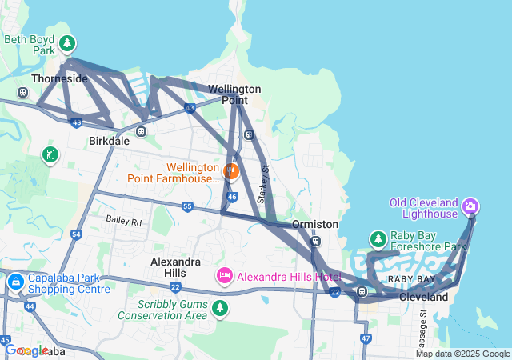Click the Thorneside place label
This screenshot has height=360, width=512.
click(x=59, y=78)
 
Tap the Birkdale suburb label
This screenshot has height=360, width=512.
click(x=108, y=141)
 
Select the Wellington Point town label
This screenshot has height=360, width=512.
click(x=234, y=94)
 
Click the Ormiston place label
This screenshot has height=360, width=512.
click(x=314, y=225)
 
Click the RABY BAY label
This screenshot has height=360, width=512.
click(x=411, y=278)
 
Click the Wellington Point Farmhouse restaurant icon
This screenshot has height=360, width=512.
click(x=231, y=170)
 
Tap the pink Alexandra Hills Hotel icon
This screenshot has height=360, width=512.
click(x=226, y=276)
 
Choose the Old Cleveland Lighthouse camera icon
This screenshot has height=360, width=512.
click(x=471, y=207)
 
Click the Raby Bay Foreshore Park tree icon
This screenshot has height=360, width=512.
click(x=378, y=239)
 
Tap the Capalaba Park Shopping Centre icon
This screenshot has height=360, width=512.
click(x=16, y=282)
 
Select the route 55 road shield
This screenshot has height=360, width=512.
click(x=187, y=206)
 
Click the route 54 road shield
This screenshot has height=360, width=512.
click(x=77, y=234)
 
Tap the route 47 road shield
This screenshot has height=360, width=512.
click(x=366, y=338)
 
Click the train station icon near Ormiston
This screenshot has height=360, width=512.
click(x=316, y=241)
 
